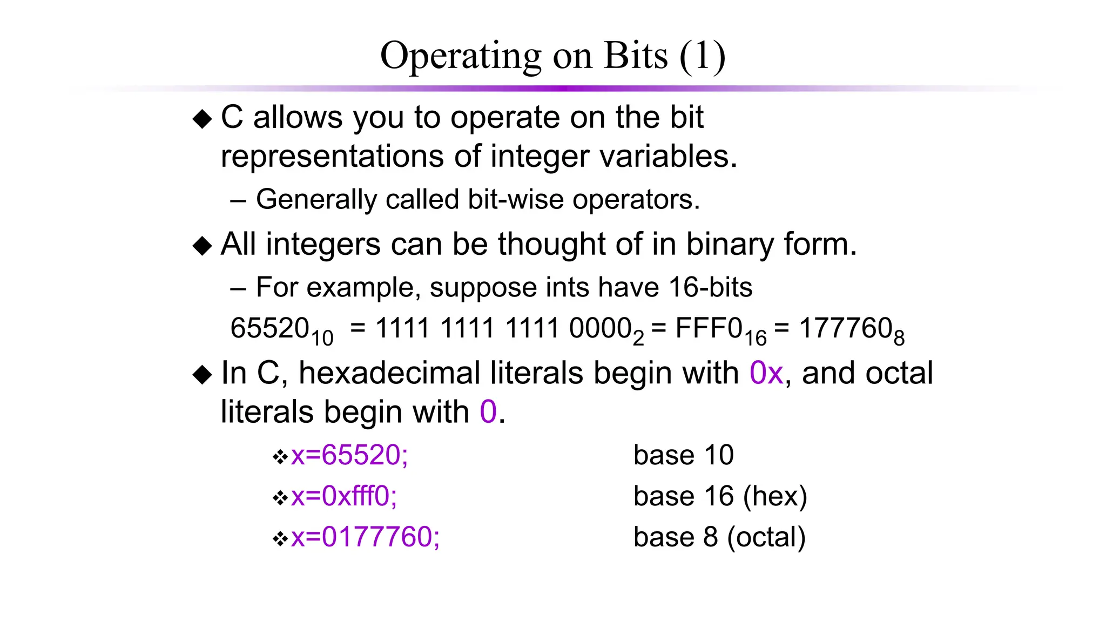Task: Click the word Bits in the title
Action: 636,56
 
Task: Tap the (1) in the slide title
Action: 702,56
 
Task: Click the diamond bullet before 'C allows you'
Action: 203,119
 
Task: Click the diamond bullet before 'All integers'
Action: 203,246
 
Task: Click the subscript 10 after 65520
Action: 322,339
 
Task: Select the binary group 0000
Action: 600,328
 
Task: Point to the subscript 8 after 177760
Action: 899,339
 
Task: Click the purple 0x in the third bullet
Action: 766,373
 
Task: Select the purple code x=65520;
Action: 349,455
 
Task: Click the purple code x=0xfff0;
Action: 344,496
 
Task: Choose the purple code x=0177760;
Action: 365,537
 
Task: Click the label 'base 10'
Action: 683,455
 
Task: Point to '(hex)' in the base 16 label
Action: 775,496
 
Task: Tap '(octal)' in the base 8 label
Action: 766,537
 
